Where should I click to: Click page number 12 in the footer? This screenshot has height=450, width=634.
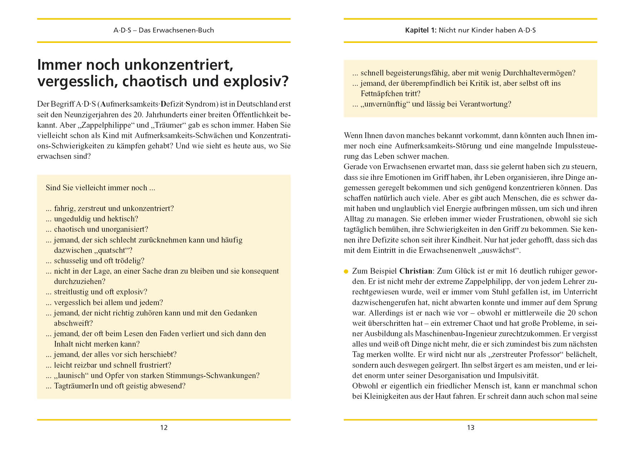coord(164,427)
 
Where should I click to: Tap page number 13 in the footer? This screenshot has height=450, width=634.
coord(470,427)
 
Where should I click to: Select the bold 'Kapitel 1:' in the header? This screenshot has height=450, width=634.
coord(421,30)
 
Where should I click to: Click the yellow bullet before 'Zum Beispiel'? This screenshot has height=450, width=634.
coord(346,272)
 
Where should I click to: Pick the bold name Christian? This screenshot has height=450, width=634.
coord(416,271)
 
